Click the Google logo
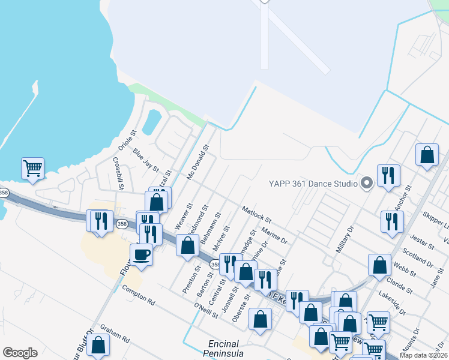click(x=20, y=353)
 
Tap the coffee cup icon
click(x=142, y=254)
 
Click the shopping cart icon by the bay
click(x=32, y=167)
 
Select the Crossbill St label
click(x=118, y=173)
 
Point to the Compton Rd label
click(x=139, y=294)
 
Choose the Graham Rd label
click(x=115, y=333)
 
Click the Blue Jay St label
click(x=146, y=160)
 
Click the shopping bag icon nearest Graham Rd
click(x=98, y=345)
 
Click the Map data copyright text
click(x=423, y=355)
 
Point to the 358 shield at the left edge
click(x=5, y=193)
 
